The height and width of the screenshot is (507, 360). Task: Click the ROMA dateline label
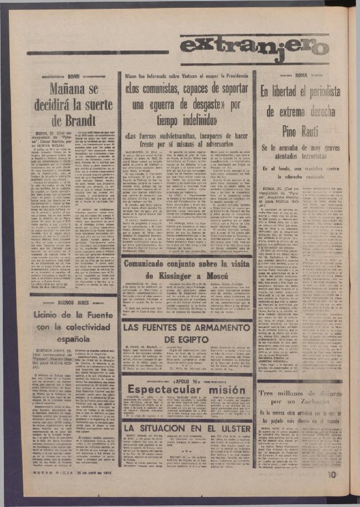click(x=301, y=74)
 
